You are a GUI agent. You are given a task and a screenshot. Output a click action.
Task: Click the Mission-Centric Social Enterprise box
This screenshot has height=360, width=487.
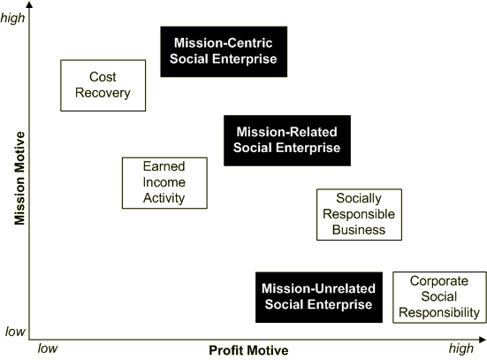pos(224,51)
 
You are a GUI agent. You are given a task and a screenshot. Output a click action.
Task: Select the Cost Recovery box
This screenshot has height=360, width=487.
pos(103,86)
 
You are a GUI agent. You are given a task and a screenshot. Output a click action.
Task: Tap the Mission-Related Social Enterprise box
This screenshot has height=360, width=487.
pos(287,141)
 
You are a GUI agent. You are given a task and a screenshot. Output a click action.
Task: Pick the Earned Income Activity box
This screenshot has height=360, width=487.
pos(164,183)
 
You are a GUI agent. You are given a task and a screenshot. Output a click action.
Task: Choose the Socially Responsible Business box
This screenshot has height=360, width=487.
pos(360,215)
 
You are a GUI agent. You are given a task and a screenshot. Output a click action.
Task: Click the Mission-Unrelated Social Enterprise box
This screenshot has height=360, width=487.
pos(319,297)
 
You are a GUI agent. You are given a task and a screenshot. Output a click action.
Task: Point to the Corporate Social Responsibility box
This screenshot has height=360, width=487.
pos(439,297)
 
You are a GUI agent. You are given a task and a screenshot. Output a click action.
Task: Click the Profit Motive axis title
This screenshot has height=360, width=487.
pos(248,350)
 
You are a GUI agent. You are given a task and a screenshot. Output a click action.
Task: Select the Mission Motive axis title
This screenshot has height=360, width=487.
pos(19,178)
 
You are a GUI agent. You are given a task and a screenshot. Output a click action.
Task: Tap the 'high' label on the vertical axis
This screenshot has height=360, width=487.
pos(12,18)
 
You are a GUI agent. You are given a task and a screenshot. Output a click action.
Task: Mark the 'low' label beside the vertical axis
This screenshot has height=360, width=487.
pos(15,332)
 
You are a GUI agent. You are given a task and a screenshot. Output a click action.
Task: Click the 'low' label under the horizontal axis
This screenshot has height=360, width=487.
pos(48,349)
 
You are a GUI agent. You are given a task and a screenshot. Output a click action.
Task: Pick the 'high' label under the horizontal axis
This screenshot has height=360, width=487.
pos(461,349)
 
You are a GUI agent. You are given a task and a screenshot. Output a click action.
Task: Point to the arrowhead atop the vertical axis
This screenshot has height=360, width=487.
pos(29,4)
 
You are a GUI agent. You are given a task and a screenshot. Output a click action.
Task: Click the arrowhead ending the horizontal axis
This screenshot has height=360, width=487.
pos(483,340)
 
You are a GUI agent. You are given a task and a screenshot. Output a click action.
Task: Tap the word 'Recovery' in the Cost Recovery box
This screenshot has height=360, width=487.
pos(103,93)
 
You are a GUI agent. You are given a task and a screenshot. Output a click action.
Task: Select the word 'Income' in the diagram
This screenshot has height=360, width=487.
pos(164,182)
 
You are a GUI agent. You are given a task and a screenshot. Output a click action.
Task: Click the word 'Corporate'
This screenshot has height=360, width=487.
pos(439,281)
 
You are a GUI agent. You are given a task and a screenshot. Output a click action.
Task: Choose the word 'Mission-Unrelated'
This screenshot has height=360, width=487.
pos(319,288)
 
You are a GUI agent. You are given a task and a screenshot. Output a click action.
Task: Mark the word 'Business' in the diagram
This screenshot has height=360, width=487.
pos(359,230)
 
